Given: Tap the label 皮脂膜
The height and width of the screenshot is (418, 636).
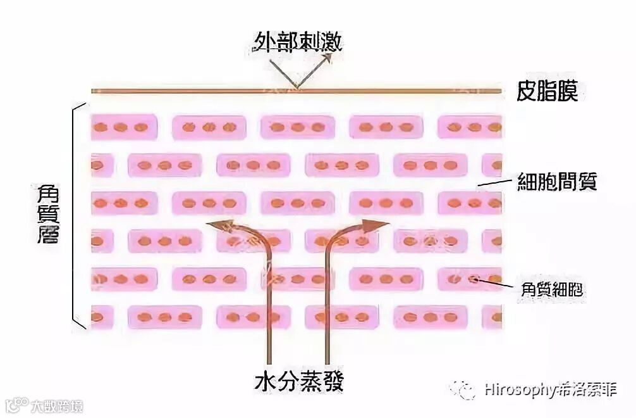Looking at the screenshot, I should [547, 92].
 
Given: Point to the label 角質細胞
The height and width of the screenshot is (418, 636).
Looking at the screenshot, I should [551, 290].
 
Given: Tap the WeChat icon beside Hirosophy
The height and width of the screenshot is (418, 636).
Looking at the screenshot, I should [463, 389].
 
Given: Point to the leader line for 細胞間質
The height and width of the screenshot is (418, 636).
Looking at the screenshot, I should [494, 183].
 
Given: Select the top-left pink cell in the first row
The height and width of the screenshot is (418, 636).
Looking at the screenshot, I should [123, 127].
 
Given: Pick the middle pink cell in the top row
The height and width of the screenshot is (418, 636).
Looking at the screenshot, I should [298, 127].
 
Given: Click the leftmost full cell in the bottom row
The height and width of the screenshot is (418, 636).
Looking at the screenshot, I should [165, 317].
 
